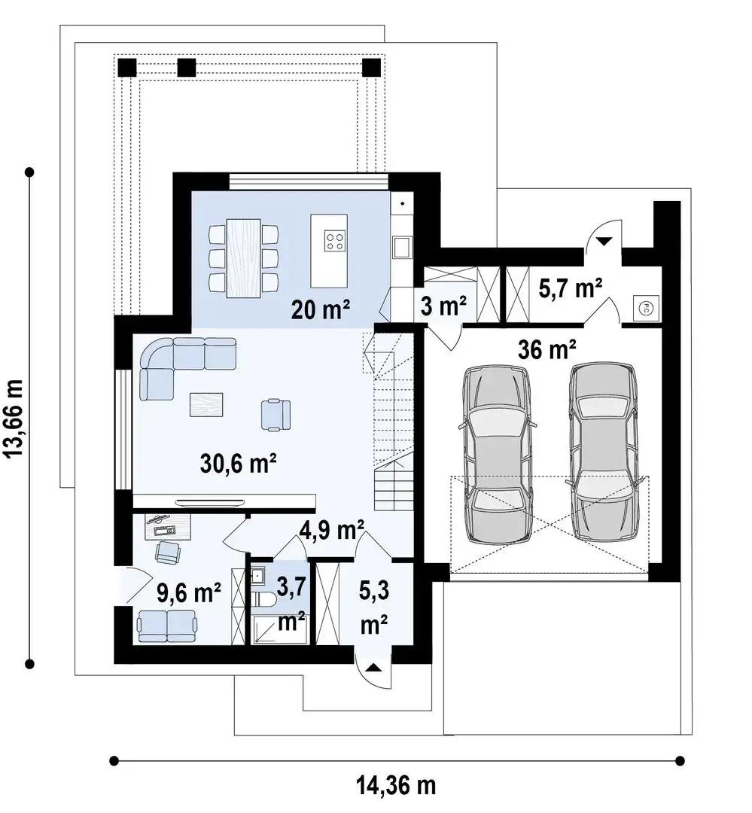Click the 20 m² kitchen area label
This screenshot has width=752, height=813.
(321, 309)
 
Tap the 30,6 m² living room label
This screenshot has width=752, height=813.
(238, 462)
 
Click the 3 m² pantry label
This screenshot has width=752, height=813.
(443, 306)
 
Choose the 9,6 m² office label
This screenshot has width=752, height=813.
(189, 593)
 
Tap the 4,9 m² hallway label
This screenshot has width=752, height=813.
(332, 531)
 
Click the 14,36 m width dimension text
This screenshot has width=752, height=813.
(396, 785)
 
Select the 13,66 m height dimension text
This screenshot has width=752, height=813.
(14, 418)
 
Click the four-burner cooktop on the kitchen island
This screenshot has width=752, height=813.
(334, 241)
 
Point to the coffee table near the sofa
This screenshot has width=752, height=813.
(206, 404)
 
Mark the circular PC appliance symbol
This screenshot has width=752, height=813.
(646, 308)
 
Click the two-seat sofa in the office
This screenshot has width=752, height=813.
(167, 626)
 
